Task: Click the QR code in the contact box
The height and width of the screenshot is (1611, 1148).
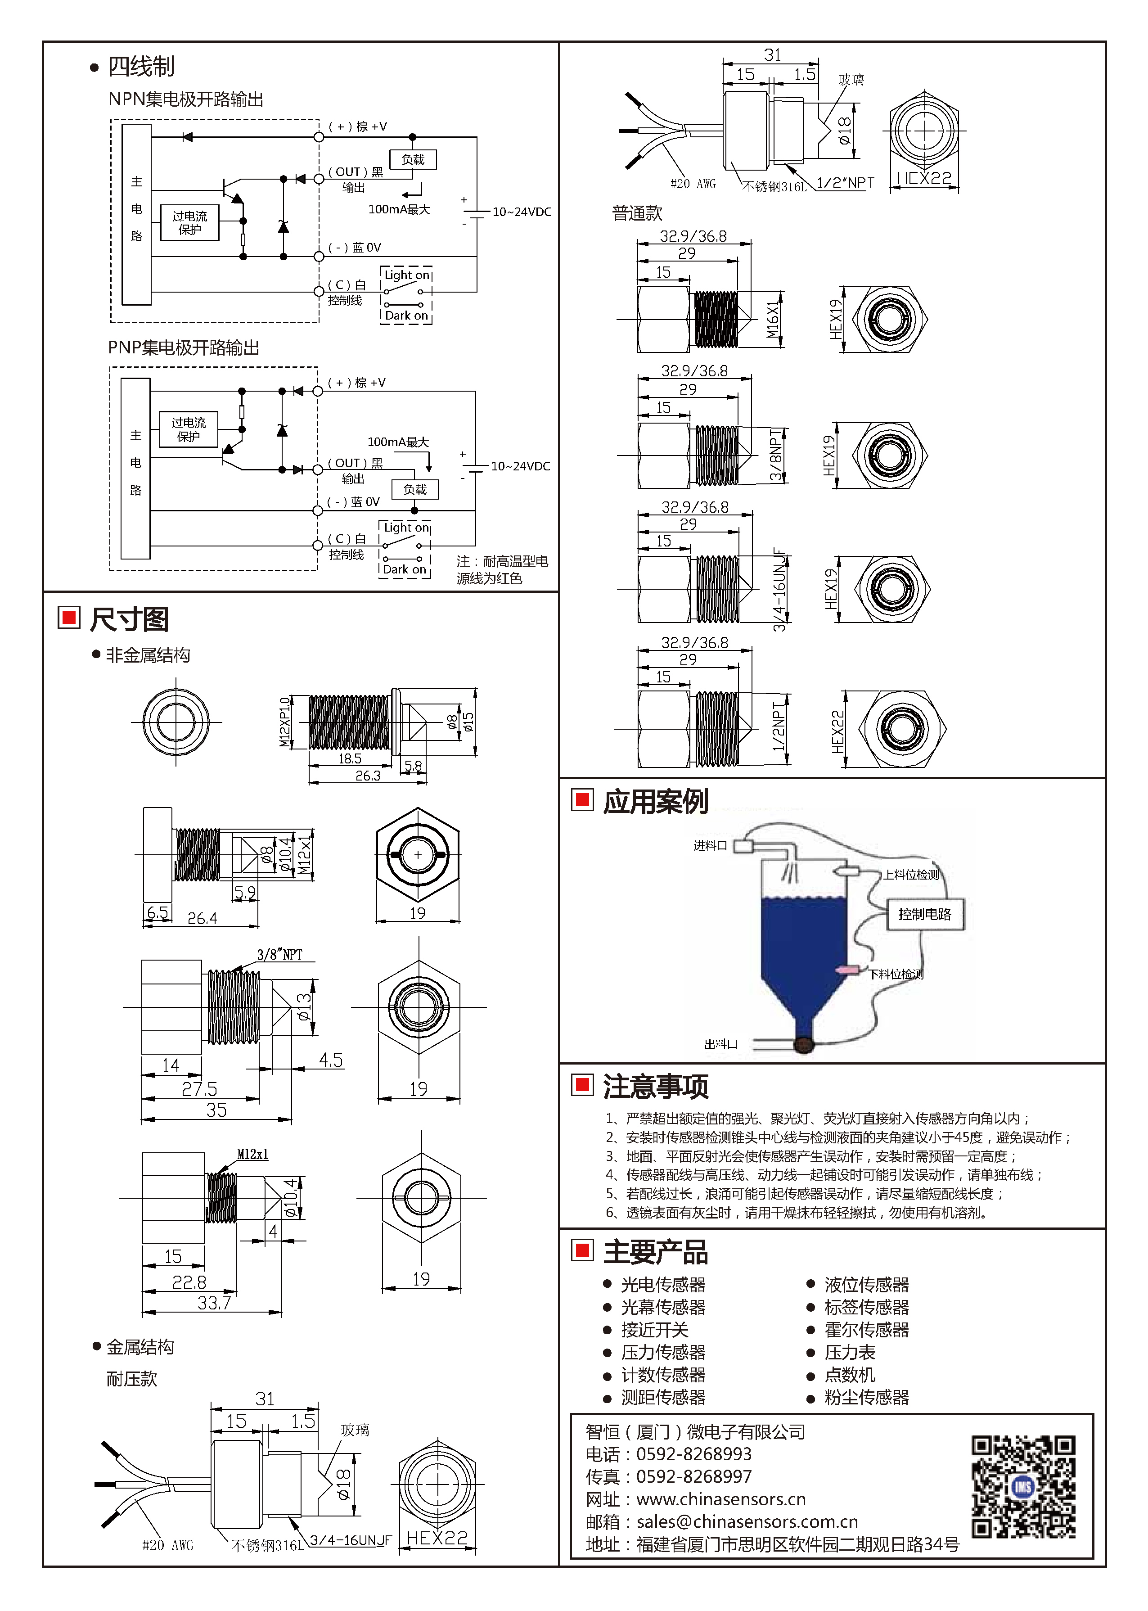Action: click(x=1023, y=1487)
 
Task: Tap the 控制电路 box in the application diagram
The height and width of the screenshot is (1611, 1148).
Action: click(x=925, y=915)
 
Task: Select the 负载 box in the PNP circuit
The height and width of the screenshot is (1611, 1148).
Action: click(x=415, y=489)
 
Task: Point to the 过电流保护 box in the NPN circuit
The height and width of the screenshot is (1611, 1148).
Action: click(x=189, y=223)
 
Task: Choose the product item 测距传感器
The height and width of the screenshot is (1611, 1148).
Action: click(x=663, y=1398)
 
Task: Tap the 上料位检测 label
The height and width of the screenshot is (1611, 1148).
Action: click(x=911, y=875)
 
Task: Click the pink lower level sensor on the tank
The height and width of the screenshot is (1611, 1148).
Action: click(x=846, y=970)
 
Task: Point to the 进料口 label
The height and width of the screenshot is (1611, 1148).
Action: click(x=710, y=845)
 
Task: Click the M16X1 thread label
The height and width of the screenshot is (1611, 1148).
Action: click(x=773, y=320)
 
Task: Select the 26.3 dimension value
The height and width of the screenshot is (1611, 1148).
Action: click(x=368, y=776)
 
